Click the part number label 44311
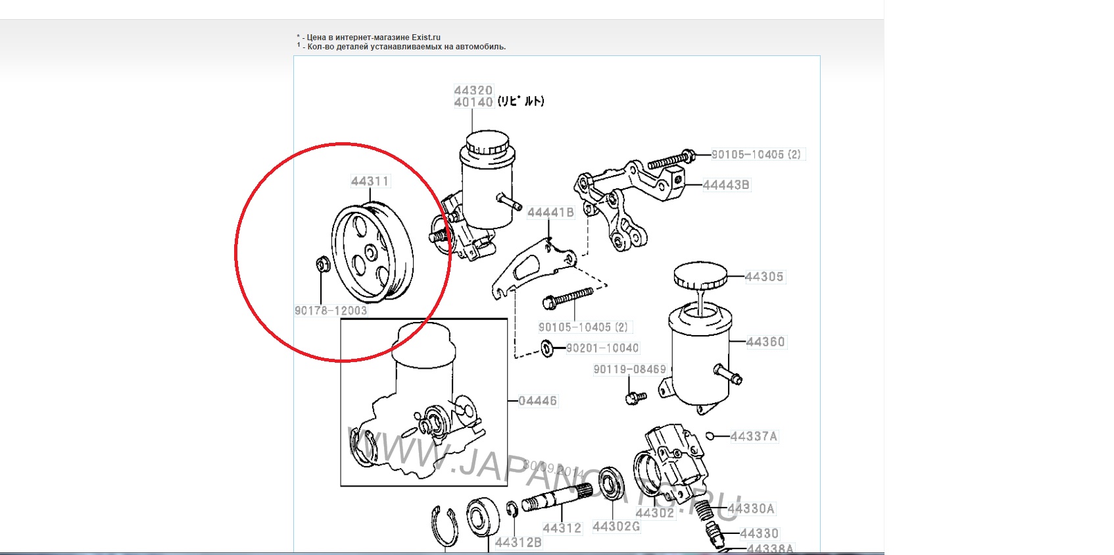(370, 181)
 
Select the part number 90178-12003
(331, 311)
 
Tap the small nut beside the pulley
(322, 265)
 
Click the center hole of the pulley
(370, 252)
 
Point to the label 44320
(473, 90)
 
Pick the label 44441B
(550, 212)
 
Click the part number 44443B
(725, 185)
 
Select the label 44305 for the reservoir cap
(763, 277)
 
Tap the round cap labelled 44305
(700, 275)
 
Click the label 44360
(765, 342)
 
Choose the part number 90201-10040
(602, 348)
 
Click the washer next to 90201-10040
(547, 347)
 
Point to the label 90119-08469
(629, 369)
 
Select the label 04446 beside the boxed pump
(537, 400)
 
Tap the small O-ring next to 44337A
(710, 435)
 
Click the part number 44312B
(518, 542)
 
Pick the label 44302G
(616, 526)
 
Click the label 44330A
(751, 508)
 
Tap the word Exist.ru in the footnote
(426, 38)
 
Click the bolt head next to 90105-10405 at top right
(689, 155)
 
